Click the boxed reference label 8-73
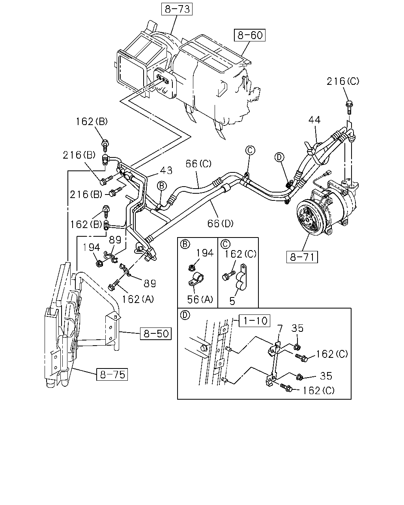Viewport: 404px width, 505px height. click(x=177, y=9)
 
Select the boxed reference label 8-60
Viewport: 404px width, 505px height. click(x=249, y=35)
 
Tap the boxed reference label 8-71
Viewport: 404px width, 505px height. click(x=302, y=257)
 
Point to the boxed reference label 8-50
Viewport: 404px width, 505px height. click(x=155, y=333)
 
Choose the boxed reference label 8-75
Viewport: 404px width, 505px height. click(x=112, y=374)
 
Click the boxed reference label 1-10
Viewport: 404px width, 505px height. click(x=254, y=320)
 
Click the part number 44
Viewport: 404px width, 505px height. click(x=314, y=120)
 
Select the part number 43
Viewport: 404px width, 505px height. click(x=166, y=170)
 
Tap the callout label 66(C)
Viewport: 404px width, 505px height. click(x=198, y=164)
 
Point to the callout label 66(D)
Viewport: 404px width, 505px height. click(x=220, y=223)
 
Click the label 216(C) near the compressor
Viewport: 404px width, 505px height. click(x=343, y=81)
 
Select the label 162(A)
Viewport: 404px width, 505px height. click(x=138, y=299)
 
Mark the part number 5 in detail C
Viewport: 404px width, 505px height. click(x=232, y=301)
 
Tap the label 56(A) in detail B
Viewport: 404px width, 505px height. click(x=200, y=299)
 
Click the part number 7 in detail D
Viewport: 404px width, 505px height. click(x=280, y=329)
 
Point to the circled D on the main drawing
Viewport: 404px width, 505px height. click(x=279, y=157)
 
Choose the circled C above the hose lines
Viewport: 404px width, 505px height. click(x=250, y=150)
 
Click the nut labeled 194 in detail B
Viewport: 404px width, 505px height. click(x=192, y=267)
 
